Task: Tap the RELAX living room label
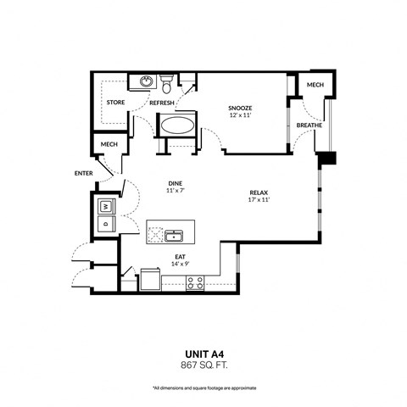259,193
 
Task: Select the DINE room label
176,183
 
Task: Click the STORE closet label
116,103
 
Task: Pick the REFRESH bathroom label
162,103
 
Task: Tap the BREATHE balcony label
309,125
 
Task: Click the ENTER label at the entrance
83,173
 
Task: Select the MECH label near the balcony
315,86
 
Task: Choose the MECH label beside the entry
109,145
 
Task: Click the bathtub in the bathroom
177,126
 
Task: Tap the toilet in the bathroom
168,84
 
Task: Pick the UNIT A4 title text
203,356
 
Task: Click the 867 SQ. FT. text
203,366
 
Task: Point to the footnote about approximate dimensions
203,387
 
